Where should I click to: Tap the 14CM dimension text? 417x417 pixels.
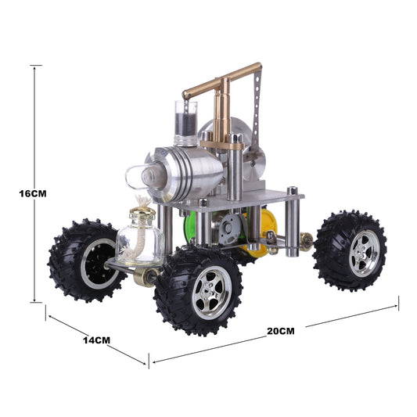[96, 341]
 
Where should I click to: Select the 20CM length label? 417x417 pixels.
[280, 330]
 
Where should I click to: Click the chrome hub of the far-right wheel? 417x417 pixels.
[364, 253]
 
